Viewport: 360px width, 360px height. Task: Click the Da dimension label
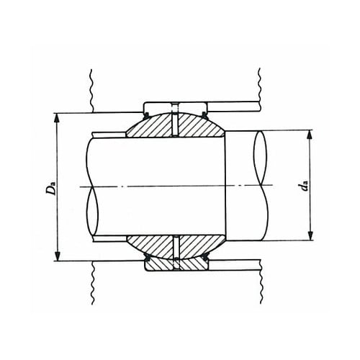[x=51, y=189]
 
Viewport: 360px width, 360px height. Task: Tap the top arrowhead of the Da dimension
[x=57, y=118]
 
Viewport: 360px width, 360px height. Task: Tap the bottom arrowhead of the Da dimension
[x=57, y=256]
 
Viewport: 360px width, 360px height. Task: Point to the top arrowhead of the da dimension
[x=310, y=135]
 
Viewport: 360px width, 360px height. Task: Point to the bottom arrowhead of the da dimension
[x=310, y=235]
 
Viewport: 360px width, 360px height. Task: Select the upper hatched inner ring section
[x=176, y=125]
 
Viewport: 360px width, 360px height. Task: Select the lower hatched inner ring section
[x=176, y=247]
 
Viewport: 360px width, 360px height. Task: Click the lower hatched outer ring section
[x=176, y=265]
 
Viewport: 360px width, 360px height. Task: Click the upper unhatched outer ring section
[x=176, y=107]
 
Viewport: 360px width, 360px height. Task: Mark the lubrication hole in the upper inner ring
[x=176, y=125]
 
